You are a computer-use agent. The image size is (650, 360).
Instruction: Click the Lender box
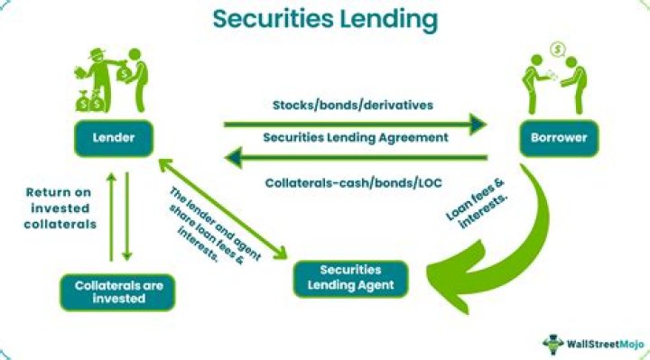pyautogui.click(x=114, y=138)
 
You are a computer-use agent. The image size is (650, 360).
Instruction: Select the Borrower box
pyautogui.click(x=559, y=138)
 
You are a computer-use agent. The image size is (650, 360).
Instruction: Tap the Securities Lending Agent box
pyautogui.click(x=350, y=279)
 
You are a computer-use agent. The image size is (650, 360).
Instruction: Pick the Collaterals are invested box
pyautogui.click(x=118, y=292)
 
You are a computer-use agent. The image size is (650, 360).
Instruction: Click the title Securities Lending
pyautogui.click(x=325, y=20)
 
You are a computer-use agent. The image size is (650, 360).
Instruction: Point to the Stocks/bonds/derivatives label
pyautogui.click(x=353, y=106)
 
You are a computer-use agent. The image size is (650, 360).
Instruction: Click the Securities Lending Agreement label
pyautogui.click(x=356, y=137)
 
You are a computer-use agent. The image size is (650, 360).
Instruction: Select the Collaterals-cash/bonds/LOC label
pyautogui.click(x=354, y=182)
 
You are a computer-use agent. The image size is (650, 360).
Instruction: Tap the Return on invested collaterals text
pyautogui.click(x=60, y=208)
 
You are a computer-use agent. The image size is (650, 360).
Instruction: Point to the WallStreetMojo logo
pyautogui.click(x=593, y=344)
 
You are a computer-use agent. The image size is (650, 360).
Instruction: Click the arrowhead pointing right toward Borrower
pyautogui.click(x=478, y=125)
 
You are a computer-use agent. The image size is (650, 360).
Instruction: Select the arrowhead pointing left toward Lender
pyautogui.click(x=233, y=157)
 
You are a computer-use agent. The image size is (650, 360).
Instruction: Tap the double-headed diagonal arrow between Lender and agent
pyautogui.click(x=223, y=209)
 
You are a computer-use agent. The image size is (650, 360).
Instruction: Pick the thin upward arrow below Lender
pyautogui.click(x=111, y=217)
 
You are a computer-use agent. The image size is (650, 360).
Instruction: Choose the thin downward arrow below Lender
pyautogui.click(x=127, y=217)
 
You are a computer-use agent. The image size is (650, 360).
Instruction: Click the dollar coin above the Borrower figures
pyautogui.click(x=558, y=50)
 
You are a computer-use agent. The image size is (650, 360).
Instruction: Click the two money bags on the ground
pyautogui.click(x=89, y=101)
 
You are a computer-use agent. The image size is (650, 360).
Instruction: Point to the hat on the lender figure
pyautogui.click(x=97, y=52)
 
